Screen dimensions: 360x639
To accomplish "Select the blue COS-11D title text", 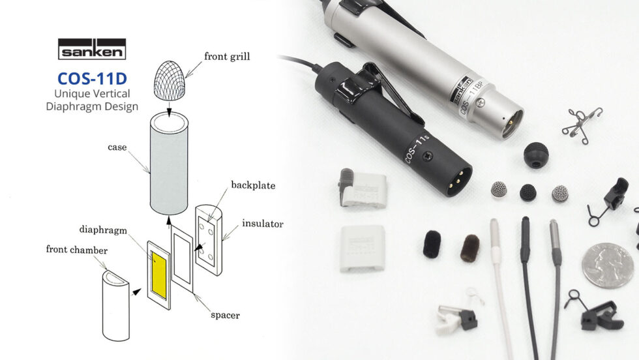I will coord(91,78).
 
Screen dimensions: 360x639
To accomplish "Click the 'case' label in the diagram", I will coord(117,147).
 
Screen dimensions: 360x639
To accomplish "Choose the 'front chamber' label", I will coord(76,249).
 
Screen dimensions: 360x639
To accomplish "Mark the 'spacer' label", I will coord(225,315).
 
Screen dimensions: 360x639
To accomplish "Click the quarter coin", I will coord(608,265).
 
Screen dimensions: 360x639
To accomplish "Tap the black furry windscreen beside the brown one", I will coord(432,243).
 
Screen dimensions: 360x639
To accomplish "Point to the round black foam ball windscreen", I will coord(536,155).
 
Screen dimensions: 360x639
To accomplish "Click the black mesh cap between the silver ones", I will coord(528,192).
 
